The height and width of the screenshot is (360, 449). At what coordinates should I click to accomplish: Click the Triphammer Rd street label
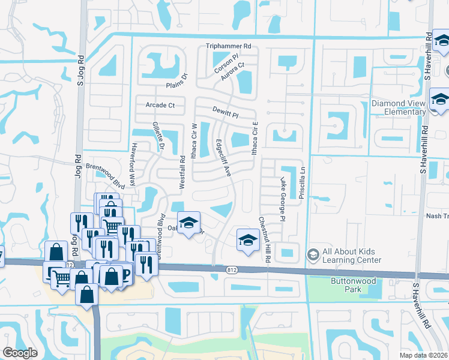228,46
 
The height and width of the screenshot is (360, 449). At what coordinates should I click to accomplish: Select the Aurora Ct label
233,71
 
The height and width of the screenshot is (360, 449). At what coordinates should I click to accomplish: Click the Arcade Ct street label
160,106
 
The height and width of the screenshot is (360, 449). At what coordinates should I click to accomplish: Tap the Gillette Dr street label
155,136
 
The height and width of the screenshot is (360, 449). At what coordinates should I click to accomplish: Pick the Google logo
20,352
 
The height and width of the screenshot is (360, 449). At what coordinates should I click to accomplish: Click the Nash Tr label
436,216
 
